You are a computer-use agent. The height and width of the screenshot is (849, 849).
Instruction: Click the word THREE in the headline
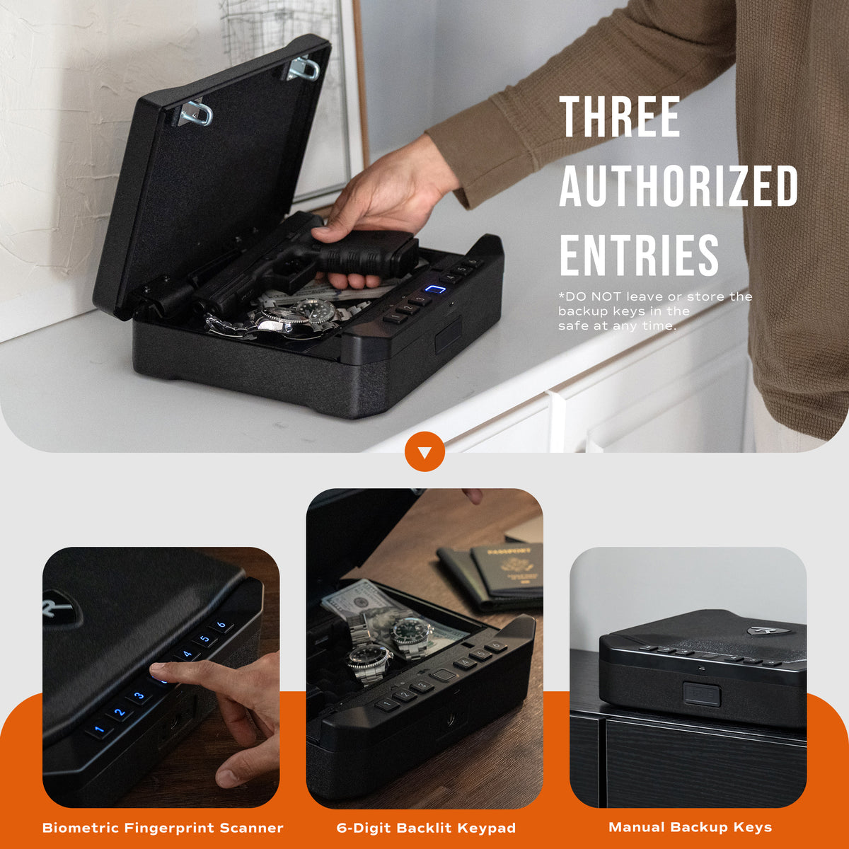click(x=619, y=117)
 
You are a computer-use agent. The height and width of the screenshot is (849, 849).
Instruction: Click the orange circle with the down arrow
click(x=424, y=451)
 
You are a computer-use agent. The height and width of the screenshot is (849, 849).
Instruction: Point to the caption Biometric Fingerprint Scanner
click(x=163, y=828)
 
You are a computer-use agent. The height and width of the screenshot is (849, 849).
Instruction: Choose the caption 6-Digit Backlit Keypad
click(x=426, y=828)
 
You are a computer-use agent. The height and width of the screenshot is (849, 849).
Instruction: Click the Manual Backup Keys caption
click(x=690, y=827)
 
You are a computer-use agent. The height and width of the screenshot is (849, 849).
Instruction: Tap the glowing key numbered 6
click(x=221, y=625)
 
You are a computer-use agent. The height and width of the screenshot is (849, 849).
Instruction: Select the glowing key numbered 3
click(x=139, y=696)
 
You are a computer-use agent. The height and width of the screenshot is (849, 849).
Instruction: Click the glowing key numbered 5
click(x=204, y=640)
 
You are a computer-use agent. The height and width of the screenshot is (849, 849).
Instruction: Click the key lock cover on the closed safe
click(x=702, y=694)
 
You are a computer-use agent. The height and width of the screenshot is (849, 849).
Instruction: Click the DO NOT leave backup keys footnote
click(x=654, y=311)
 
